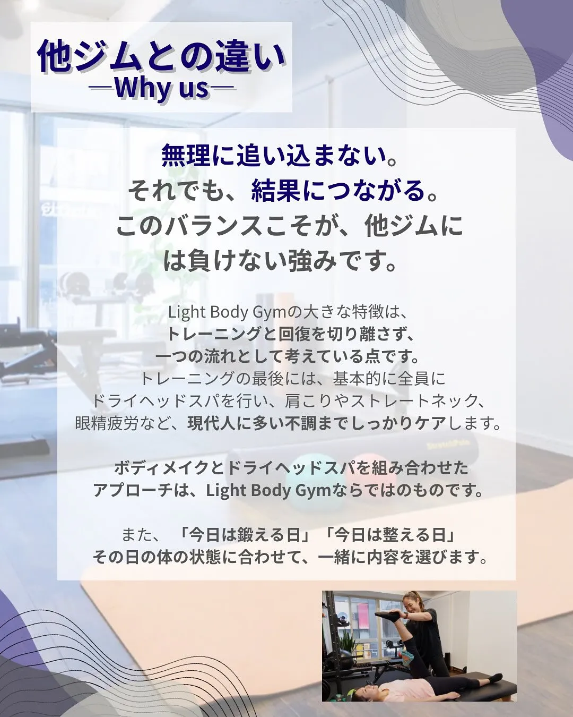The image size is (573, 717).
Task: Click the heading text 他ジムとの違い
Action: click(x=161, y=56)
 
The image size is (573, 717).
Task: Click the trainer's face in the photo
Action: click(x=413, y=604)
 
